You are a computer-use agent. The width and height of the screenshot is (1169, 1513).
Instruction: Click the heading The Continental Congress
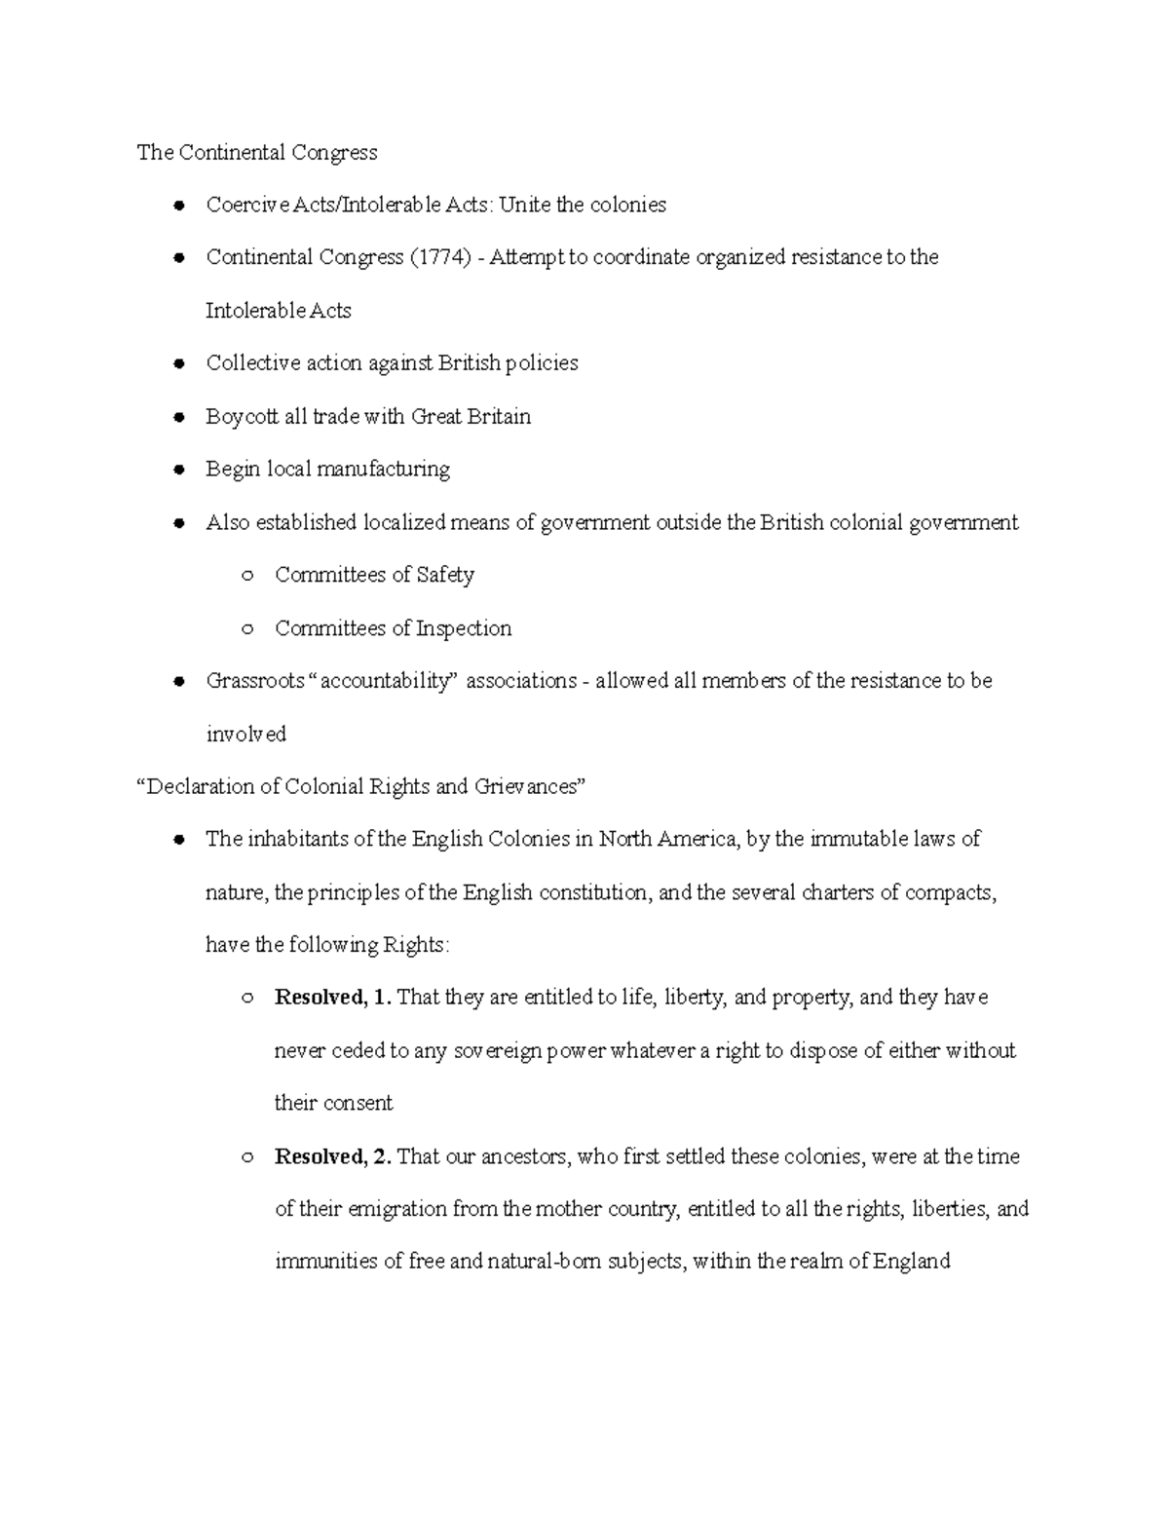tap(256, 152)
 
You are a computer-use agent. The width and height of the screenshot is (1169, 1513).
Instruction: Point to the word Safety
tap(445, 575)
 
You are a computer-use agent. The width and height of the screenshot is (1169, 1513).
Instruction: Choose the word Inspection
tap(464, 628)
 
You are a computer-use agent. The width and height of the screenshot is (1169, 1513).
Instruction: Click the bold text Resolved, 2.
tap(333, 1156)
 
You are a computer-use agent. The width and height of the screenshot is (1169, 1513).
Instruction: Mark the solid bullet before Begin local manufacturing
tap(178, 470)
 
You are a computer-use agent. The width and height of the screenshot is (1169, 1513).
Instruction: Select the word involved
tap(245, 734)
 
